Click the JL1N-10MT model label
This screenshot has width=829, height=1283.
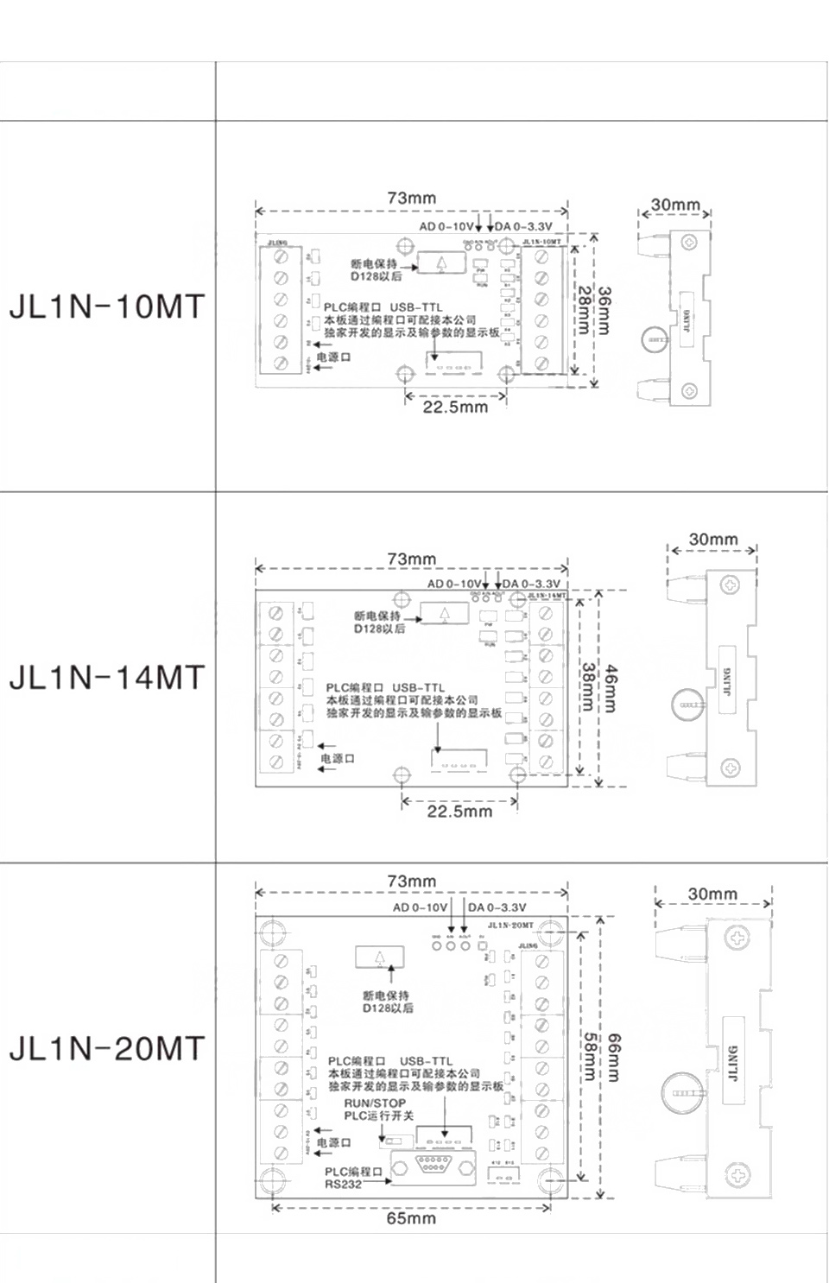coord(107,307)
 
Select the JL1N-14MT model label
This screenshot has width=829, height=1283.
coord(107,678)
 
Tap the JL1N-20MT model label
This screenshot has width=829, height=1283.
coord(107,1048)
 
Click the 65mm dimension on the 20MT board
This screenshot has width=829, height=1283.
coord(411,1218)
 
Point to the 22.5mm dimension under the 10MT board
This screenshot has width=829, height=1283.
coord(455,407)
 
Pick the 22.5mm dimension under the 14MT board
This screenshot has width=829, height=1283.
coord(459,811)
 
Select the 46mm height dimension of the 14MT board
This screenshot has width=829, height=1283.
coord(611,688)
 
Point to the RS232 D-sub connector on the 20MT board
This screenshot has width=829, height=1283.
coord(433,1165)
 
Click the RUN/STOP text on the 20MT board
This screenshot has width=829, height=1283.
coord(375,1103)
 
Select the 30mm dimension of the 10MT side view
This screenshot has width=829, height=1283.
coord(675,205)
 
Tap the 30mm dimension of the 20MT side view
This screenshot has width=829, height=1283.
coord(712,894)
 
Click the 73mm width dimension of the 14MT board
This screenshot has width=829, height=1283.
coord(411,559)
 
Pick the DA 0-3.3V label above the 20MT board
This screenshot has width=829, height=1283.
coord(497,907)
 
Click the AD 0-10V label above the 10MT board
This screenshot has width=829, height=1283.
coord(446,226)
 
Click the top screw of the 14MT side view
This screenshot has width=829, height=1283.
coord(731,585)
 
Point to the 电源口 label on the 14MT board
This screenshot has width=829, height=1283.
coord(338,758)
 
